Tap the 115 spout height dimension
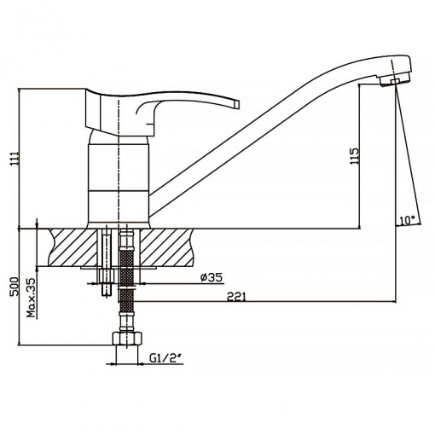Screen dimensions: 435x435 pos(355,156)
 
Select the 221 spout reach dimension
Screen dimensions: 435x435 pos(236,297)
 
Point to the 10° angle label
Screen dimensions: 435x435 pos(407,220)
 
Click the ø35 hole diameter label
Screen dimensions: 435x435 pos(212,277)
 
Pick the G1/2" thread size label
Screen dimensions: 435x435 pos(165,359)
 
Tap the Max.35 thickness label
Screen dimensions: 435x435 pos(32,298)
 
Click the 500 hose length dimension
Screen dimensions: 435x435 pos(14,287)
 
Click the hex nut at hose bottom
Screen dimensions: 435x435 pos(127,339)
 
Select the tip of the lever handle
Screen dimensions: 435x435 pos(237,104)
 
